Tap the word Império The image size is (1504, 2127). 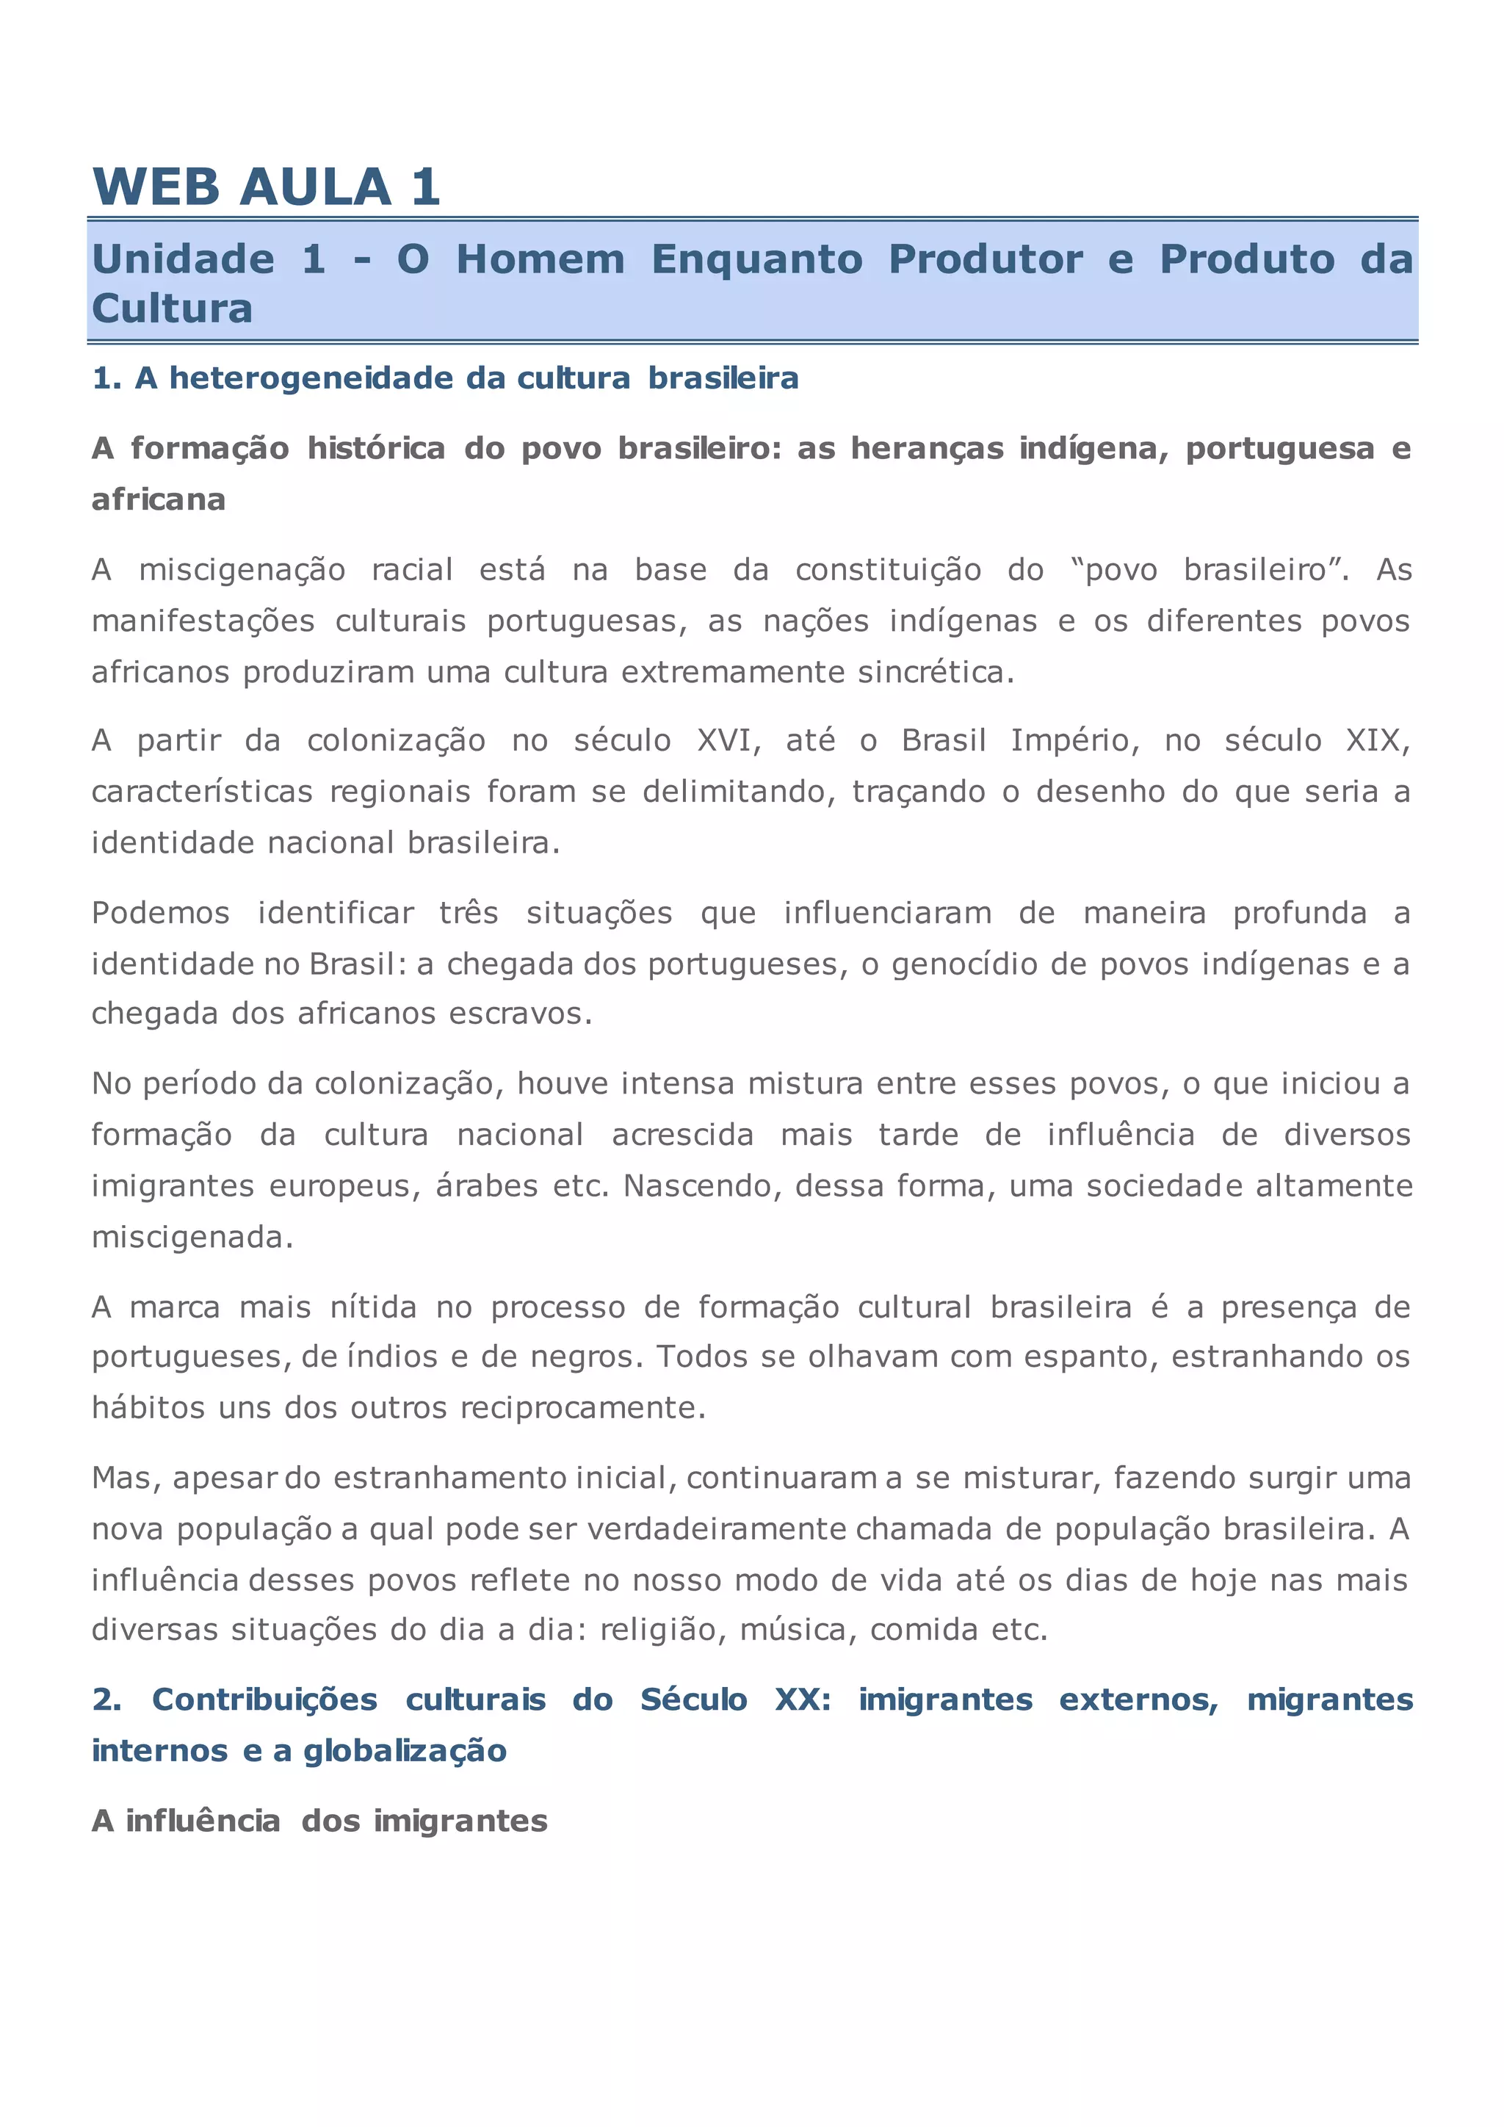pos(1075,740)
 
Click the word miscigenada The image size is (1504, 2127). pos(192,1238)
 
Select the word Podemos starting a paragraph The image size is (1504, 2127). pos(160,914)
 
